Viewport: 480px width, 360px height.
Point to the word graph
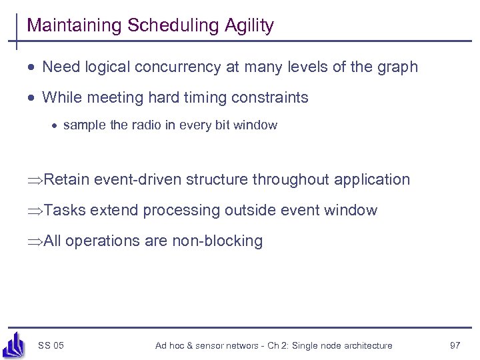(398, 67)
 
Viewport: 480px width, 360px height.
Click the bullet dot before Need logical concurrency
(32, 67)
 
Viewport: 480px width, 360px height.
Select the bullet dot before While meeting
(32, 98)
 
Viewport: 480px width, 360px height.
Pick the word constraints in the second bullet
(271, 98)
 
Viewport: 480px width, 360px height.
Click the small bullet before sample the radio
(55, 125)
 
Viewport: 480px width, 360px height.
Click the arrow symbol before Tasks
(36, 211)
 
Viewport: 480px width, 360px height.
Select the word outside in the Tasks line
(249, 211)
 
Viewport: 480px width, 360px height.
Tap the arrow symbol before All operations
(36, 241)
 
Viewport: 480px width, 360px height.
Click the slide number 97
(455, 345)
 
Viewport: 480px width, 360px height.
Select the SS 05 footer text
(51, 345)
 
